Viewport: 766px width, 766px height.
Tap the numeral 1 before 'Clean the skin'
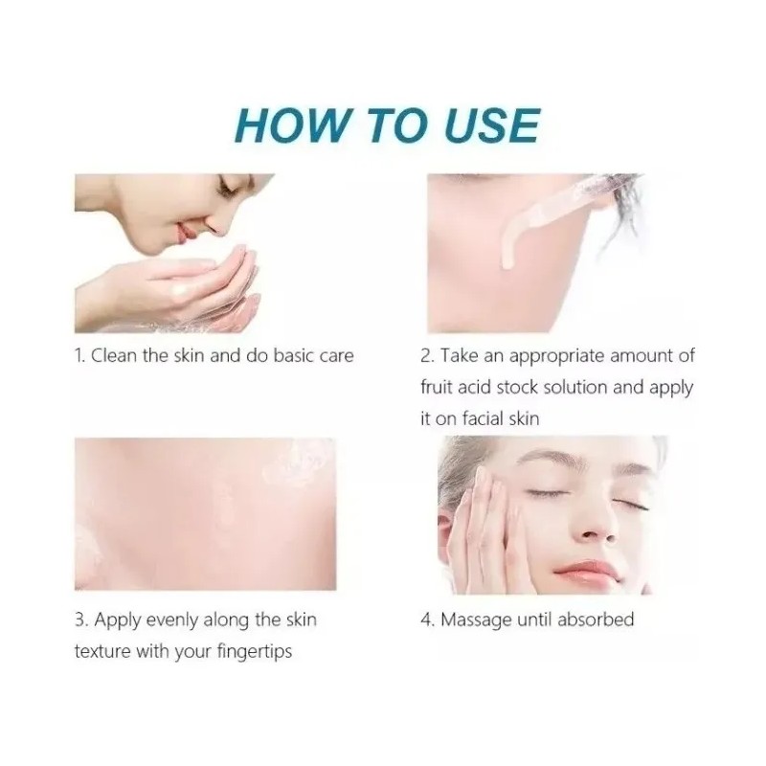(79, 356)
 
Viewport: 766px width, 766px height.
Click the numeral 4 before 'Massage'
(427, 620)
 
